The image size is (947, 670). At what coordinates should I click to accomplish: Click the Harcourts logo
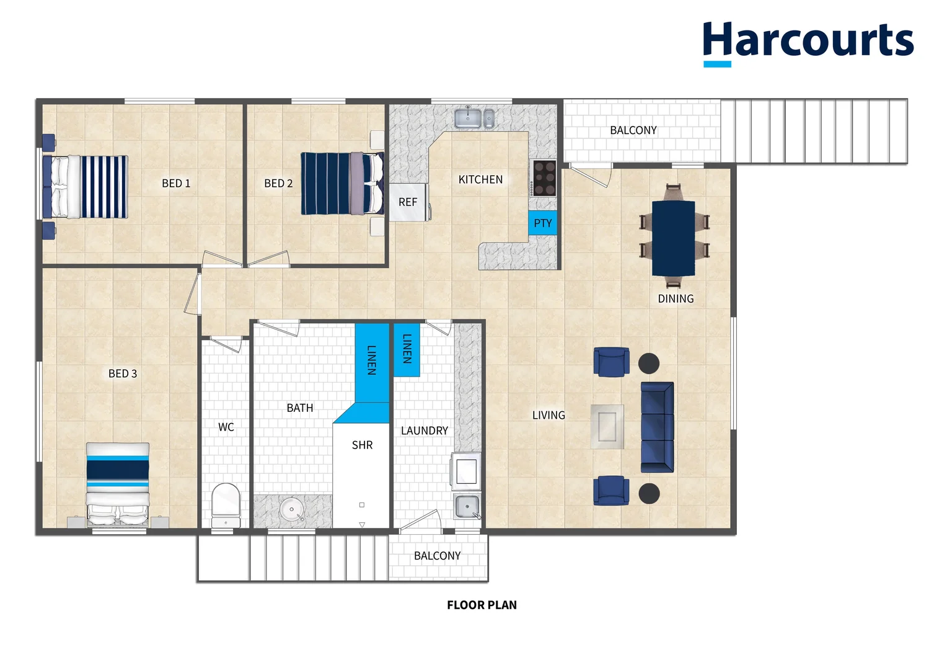(808, 42)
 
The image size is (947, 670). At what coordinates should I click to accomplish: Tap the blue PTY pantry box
(542, 223)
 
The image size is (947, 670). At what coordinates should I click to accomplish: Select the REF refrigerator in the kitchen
(408, 202)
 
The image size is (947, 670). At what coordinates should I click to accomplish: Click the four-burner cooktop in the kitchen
(544, 178)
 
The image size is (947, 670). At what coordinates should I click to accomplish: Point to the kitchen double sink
(474, 117)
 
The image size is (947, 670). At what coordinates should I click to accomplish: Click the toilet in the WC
(226, 504)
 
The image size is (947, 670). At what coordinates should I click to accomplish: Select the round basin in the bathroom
(291, 510)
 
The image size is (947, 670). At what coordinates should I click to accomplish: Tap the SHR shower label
(362, 445)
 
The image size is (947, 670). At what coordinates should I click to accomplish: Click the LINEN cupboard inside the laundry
(407, 350)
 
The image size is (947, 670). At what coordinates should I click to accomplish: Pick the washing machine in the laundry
(466, 471)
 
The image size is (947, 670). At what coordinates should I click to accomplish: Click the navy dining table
(673, 238)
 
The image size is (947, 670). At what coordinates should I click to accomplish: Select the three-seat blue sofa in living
(657, 427)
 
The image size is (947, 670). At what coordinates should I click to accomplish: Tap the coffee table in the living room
(607, 427)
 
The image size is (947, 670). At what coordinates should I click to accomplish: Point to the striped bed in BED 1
(86, 187)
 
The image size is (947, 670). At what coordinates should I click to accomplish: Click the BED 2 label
(278, 184)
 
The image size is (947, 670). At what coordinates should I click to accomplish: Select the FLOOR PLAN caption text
(482, 605)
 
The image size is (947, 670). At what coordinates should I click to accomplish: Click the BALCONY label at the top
(633, 130)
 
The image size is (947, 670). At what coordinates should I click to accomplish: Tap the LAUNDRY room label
(424, 431)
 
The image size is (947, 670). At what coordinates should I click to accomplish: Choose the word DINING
(676, 299)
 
